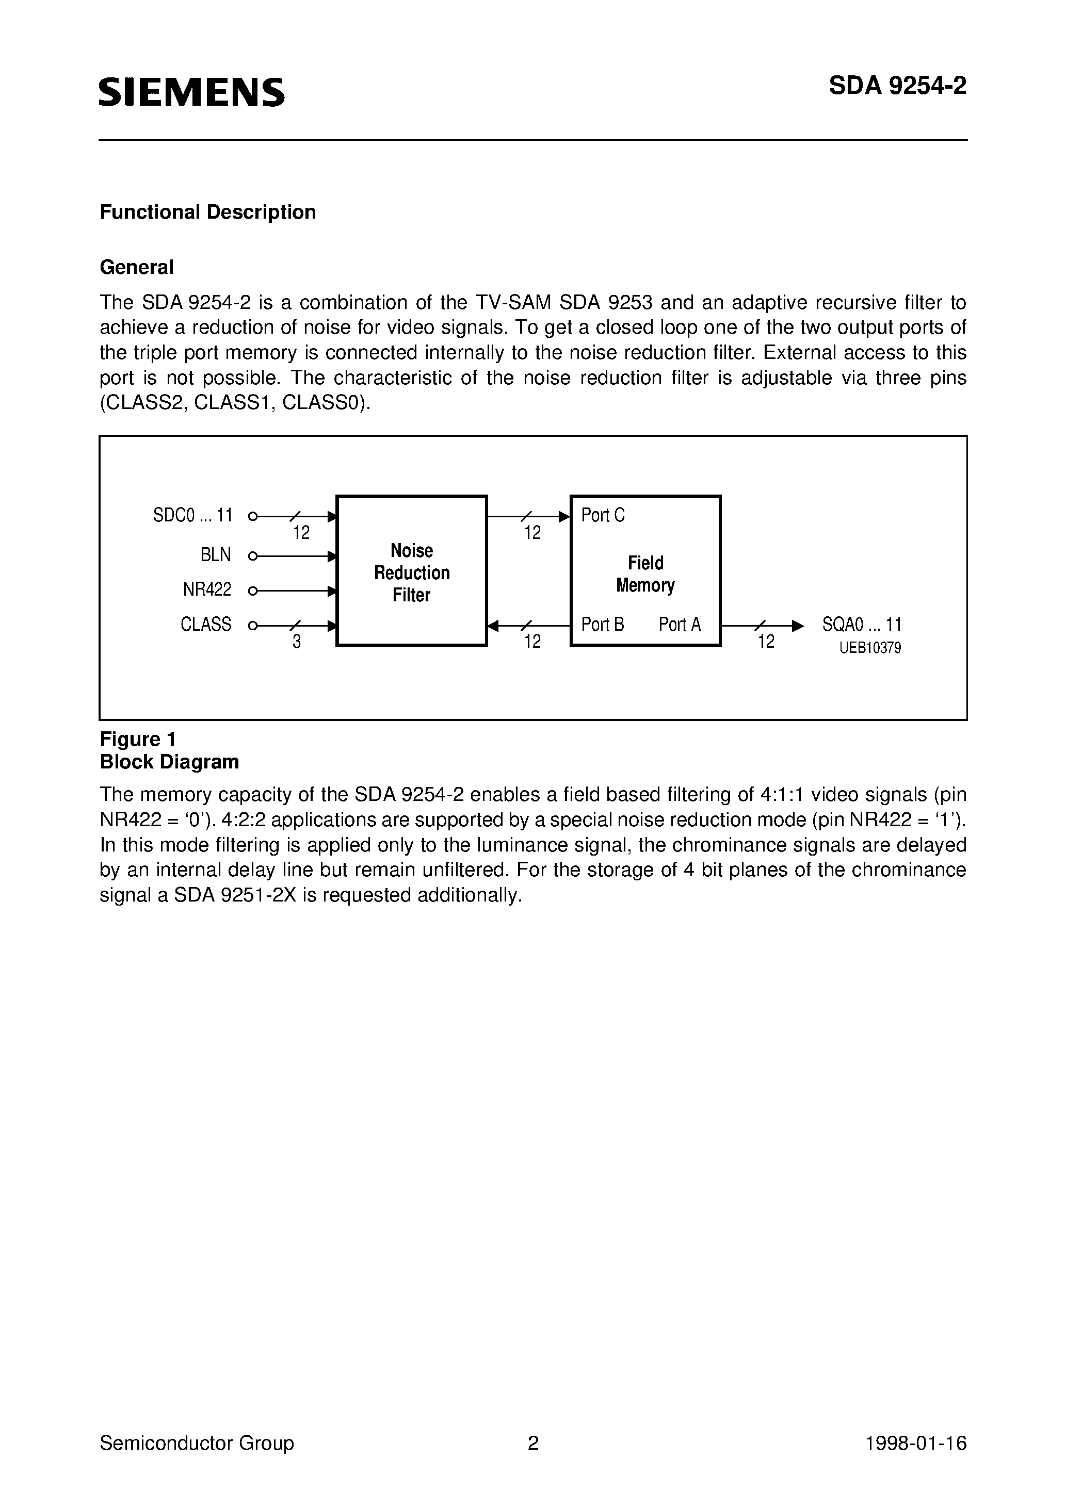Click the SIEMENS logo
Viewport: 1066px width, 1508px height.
point(191,92)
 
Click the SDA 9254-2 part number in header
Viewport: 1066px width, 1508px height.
point(897,86)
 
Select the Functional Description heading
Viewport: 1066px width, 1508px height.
point(208,212)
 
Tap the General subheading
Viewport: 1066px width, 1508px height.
point(137,267)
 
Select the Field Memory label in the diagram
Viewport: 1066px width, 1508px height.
point(645,574)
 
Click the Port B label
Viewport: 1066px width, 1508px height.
point(603,624)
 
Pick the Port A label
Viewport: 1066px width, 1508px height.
point(680,624)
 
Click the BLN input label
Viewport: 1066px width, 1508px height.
point(216,555)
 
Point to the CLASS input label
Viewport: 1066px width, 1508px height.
point(206,624)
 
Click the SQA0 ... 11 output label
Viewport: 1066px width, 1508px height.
point(862,624)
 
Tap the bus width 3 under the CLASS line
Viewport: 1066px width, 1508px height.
point(297,642)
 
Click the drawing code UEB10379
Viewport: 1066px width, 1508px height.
point(870,648)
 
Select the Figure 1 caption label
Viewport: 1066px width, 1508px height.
point(137,740)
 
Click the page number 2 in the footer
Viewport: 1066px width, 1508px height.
point(533,1443)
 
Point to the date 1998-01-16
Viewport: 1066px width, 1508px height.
point(916,1443)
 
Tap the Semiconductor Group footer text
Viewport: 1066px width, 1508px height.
point(197,1443)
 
